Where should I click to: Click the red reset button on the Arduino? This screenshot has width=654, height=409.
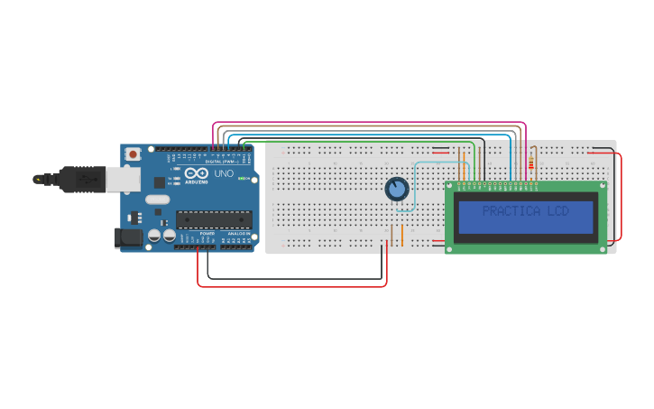(x=134, y=154)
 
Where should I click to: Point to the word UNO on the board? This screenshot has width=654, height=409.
(x=223, y=173)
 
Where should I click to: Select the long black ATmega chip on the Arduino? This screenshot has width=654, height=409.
(x=214, y=218)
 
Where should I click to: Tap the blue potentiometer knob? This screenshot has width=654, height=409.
(x=397, y=190)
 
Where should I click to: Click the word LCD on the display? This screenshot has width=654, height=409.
(x=557, y=211)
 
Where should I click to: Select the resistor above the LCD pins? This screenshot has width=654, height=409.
(x=530, y=163)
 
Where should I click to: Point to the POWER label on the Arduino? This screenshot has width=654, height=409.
(x=207, y=234)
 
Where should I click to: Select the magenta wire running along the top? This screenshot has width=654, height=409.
(x=361, y=122)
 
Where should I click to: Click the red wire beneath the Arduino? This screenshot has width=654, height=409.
(x=289, y=286)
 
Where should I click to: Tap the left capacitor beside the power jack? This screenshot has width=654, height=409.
(x=154, y=235)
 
